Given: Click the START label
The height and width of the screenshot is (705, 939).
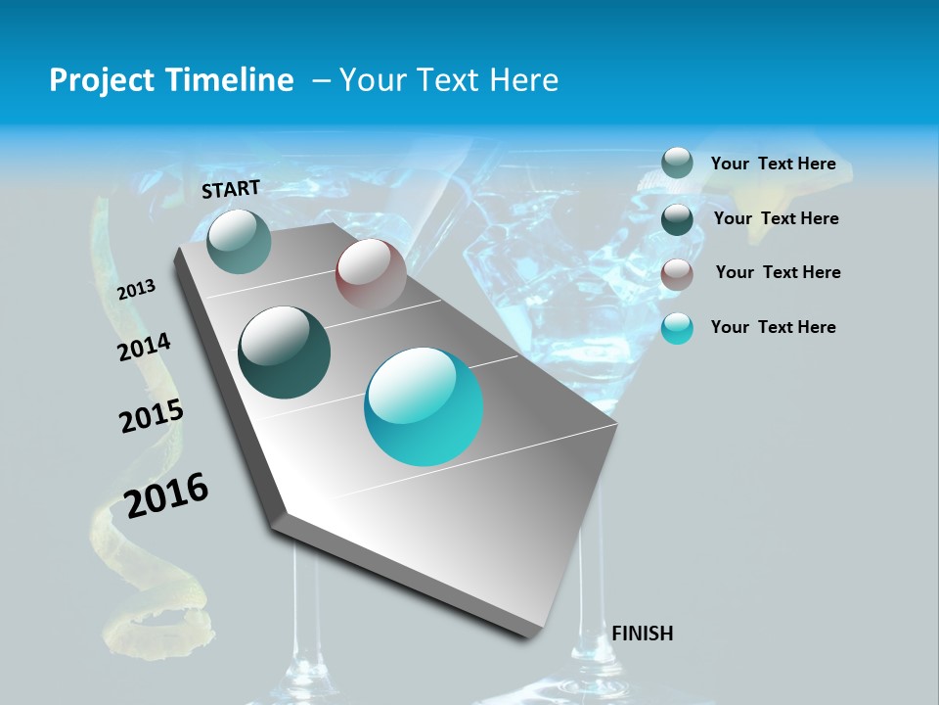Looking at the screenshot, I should pos(231,189).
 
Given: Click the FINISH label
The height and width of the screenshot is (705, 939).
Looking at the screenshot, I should pos(643,634).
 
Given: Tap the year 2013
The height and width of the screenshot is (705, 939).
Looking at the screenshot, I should pos(136,289).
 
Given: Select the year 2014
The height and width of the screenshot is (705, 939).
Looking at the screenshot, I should pos(144,348).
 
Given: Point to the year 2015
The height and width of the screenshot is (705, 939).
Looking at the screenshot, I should pos(151,416).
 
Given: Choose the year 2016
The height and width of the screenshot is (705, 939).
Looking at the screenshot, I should pos(166,494).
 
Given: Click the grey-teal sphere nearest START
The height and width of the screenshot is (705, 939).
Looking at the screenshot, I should pos(239,241).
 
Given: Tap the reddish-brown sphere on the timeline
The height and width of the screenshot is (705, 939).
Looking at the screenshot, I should pos(371,273).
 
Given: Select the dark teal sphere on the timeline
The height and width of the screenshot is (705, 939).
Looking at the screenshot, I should pos(285,352).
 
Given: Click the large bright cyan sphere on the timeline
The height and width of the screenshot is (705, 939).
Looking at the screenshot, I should pos(424,406).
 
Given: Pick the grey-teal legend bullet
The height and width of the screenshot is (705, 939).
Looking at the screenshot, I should pos(677,163).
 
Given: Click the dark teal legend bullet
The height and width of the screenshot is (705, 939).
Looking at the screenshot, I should pos(677,218).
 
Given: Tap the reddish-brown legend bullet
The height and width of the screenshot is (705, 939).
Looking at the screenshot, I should pos(677,273).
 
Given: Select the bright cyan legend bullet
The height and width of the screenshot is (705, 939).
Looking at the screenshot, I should pos(677,328).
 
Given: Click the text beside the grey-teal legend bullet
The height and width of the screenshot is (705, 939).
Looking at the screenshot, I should pos(773,164).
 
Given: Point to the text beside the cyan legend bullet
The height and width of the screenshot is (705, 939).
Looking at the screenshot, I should pos(773,327).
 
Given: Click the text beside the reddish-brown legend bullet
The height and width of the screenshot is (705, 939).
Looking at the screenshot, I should pos(778,272).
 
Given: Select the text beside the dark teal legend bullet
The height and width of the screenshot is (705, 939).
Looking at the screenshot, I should pos(776,218).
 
